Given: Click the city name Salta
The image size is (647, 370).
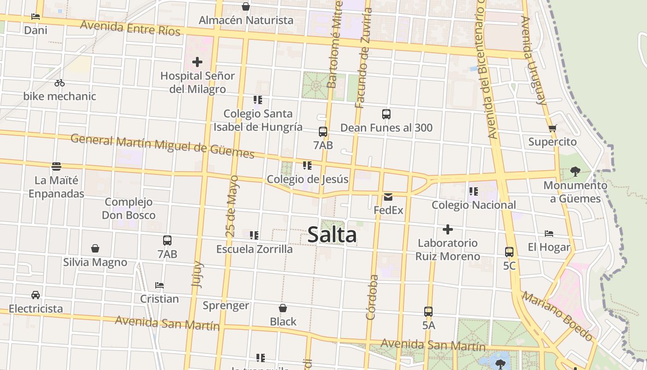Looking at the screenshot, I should point(332,234).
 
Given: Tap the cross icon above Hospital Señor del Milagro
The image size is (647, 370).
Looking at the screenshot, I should point(197,62).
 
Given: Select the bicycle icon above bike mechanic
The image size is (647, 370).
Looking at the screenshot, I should point(60,83).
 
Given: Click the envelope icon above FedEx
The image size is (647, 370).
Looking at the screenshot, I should point(388,197).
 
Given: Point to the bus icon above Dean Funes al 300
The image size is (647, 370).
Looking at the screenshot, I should point(386,114).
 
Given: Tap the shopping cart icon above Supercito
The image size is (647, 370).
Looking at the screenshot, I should point(552,128).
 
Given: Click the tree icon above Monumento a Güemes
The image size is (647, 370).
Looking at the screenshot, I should point(575,172).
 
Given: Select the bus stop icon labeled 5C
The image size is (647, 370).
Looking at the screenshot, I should point(509,252).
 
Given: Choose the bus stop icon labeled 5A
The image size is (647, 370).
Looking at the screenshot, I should point(428,312).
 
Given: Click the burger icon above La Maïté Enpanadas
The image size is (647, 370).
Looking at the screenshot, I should point(56,166).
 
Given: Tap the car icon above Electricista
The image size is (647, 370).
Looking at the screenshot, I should point(36,295).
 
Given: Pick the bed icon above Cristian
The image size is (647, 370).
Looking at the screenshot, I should point(159,285).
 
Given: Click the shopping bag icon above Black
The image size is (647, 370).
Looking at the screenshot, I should point(283,308).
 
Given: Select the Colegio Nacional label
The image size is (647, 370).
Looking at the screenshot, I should point(474,205).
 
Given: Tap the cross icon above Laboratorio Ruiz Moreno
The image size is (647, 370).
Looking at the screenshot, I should point(447,229).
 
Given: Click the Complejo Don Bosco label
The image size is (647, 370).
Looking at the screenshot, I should point(128,209).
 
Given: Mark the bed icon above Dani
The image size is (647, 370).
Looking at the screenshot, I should point(36,17).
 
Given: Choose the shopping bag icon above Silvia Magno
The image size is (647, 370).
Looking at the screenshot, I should point(95,249).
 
